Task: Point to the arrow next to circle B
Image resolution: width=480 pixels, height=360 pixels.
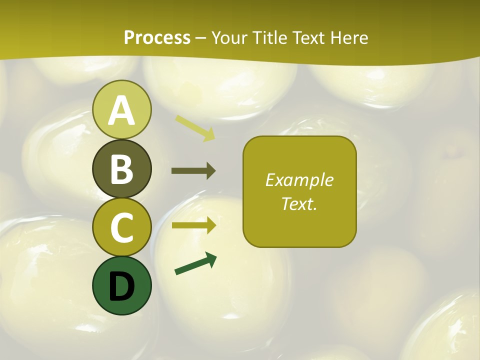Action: [193, 171]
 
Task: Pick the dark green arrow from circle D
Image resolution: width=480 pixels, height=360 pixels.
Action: [195, 263]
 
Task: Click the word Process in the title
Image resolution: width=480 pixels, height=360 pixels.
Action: [157, 38]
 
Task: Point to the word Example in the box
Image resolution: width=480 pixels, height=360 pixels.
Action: [299, 180]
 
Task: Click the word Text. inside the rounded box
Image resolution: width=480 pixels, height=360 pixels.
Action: [299, 203]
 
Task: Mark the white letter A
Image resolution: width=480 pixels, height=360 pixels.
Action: [122, 110]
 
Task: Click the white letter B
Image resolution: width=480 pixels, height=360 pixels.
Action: [122, 169]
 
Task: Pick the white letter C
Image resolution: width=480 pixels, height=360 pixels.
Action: [122, 227]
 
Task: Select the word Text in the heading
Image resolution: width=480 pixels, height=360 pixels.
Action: [307, 38]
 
